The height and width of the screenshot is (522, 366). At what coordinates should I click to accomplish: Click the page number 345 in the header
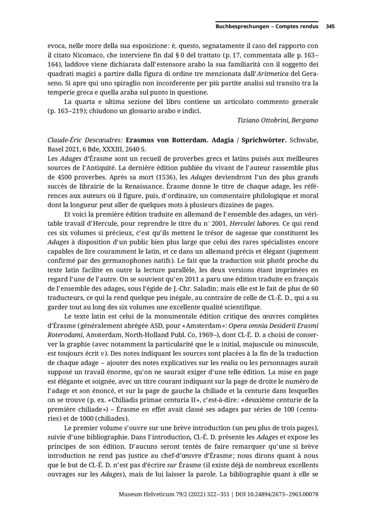(x=330, y=26)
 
